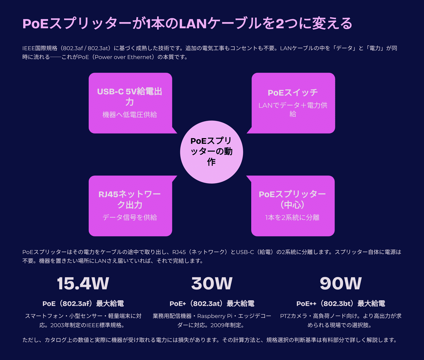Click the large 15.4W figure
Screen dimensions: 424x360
pos(83,283)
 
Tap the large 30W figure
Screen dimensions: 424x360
pos(212,283)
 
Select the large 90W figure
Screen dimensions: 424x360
pos(341,283)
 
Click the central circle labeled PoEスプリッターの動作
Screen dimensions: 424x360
pos(212,152)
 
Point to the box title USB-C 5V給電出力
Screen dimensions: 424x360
pos(130,96)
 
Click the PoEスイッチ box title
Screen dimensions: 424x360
pos(293,93)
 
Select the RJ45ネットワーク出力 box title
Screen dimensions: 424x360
pos(130,199)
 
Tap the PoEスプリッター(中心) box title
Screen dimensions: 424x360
pos(292,199)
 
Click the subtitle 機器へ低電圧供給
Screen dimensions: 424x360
pos(130,114)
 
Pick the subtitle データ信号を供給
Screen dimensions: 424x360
pos(130,217)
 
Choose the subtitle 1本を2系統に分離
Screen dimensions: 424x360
pos(292,217)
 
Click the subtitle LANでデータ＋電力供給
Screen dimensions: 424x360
pos(293,110)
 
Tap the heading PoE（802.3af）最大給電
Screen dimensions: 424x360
pos(83,303)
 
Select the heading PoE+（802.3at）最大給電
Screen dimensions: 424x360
pos(212,303)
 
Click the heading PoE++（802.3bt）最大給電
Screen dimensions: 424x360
pos(341,303)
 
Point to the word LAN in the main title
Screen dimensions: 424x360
pos(193,24)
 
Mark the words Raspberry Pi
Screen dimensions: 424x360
pos(215,316)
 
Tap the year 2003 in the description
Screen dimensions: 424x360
pos(58,325)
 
